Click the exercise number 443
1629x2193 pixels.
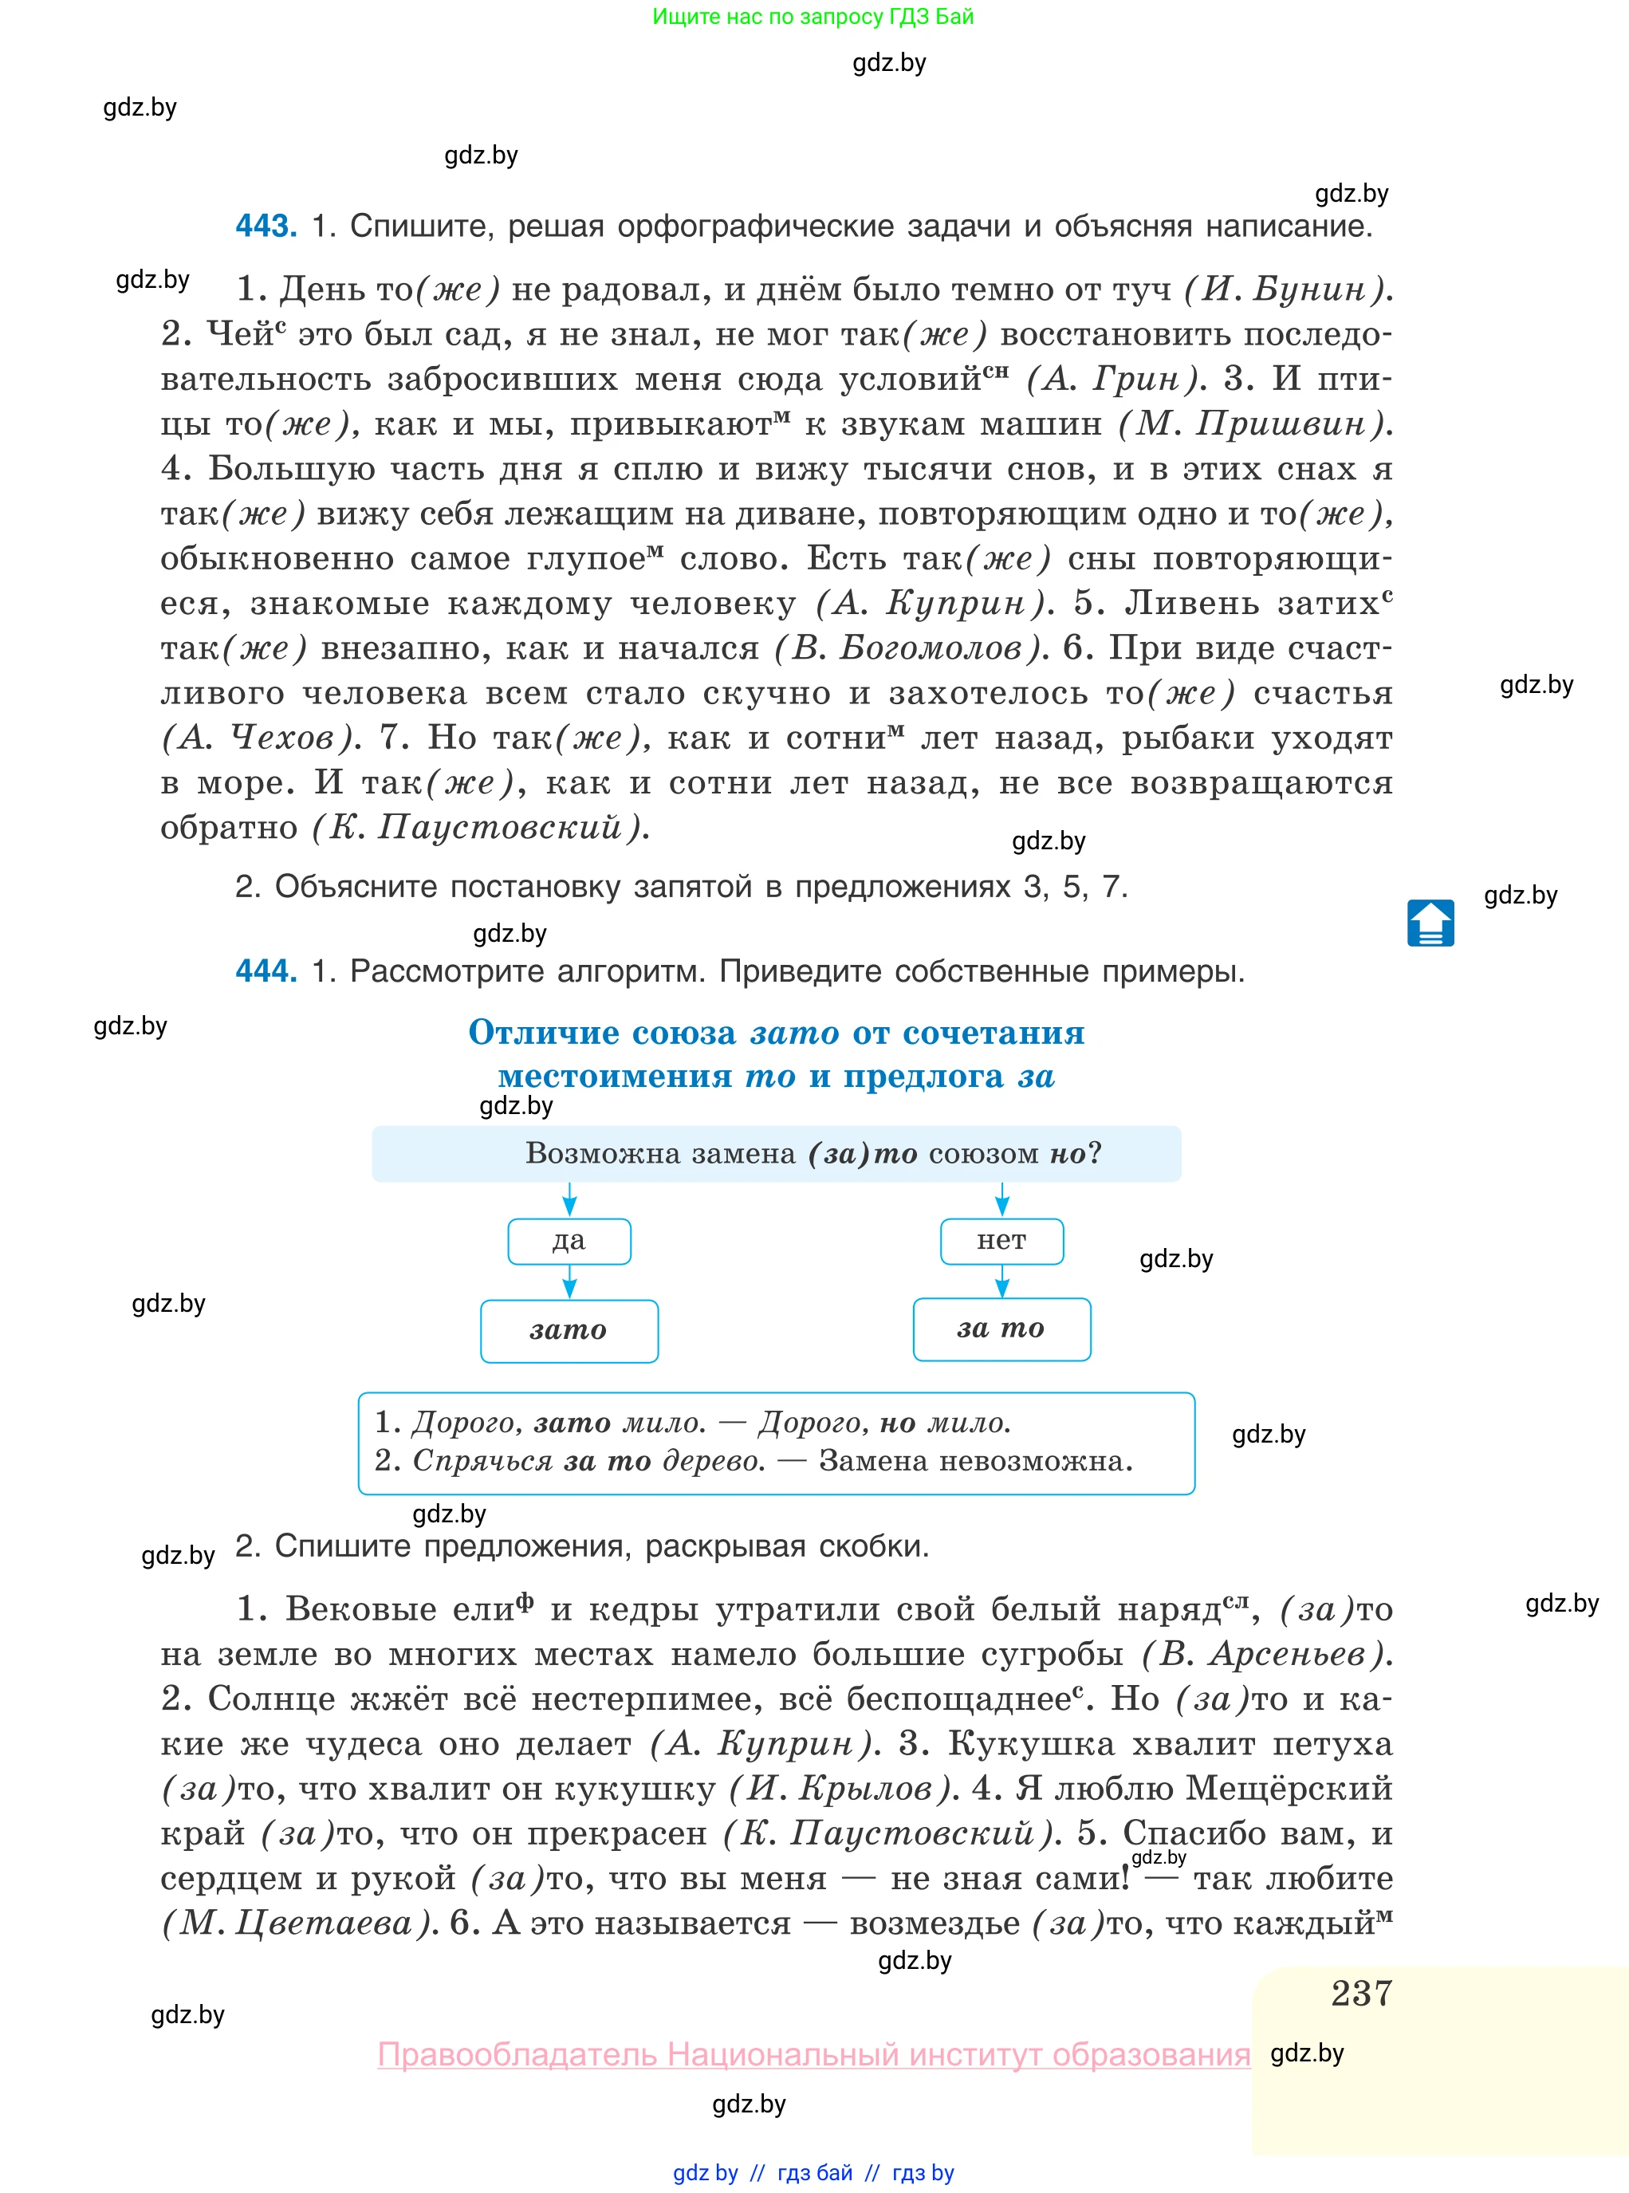[x=266, y=226]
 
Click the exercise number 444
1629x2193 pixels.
[x=266, y=971]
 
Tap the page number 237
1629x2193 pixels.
[x=1361, y=1993]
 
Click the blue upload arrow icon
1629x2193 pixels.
[x=1430, y=923]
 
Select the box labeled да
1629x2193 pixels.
[x=569, y=1242]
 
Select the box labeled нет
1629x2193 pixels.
[x=1001, y=1242]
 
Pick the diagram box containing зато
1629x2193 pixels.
[x=569, y=1331]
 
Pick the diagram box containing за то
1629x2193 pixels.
[x=1001, y=1329]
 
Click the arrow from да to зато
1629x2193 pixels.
[x=569, y=1282]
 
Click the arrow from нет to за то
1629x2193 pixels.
[x=1001, y=1281]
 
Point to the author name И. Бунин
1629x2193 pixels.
[x=1287, y=289]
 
